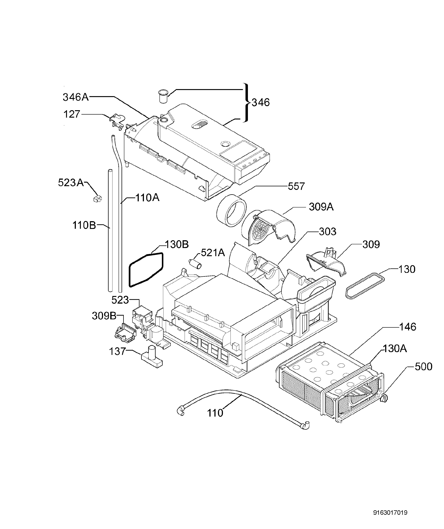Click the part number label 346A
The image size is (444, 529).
[x=75, y=97]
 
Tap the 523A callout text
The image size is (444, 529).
[x=71, y=182]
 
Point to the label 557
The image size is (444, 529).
[x=296, y=186]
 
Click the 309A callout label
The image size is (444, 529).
[x=321, y=207]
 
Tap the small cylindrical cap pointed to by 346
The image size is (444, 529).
[x=163, y=96]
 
